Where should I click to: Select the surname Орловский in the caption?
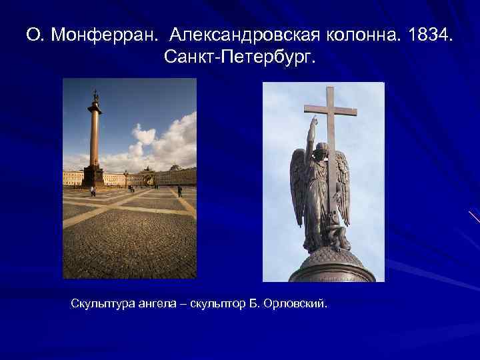pos(301,304)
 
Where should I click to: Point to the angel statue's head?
pos(323,150)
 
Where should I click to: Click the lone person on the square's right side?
pos(179,191)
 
